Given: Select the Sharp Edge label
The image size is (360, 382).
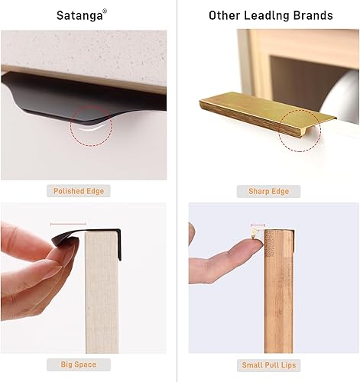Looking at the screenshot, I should [x=268, y=191].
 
